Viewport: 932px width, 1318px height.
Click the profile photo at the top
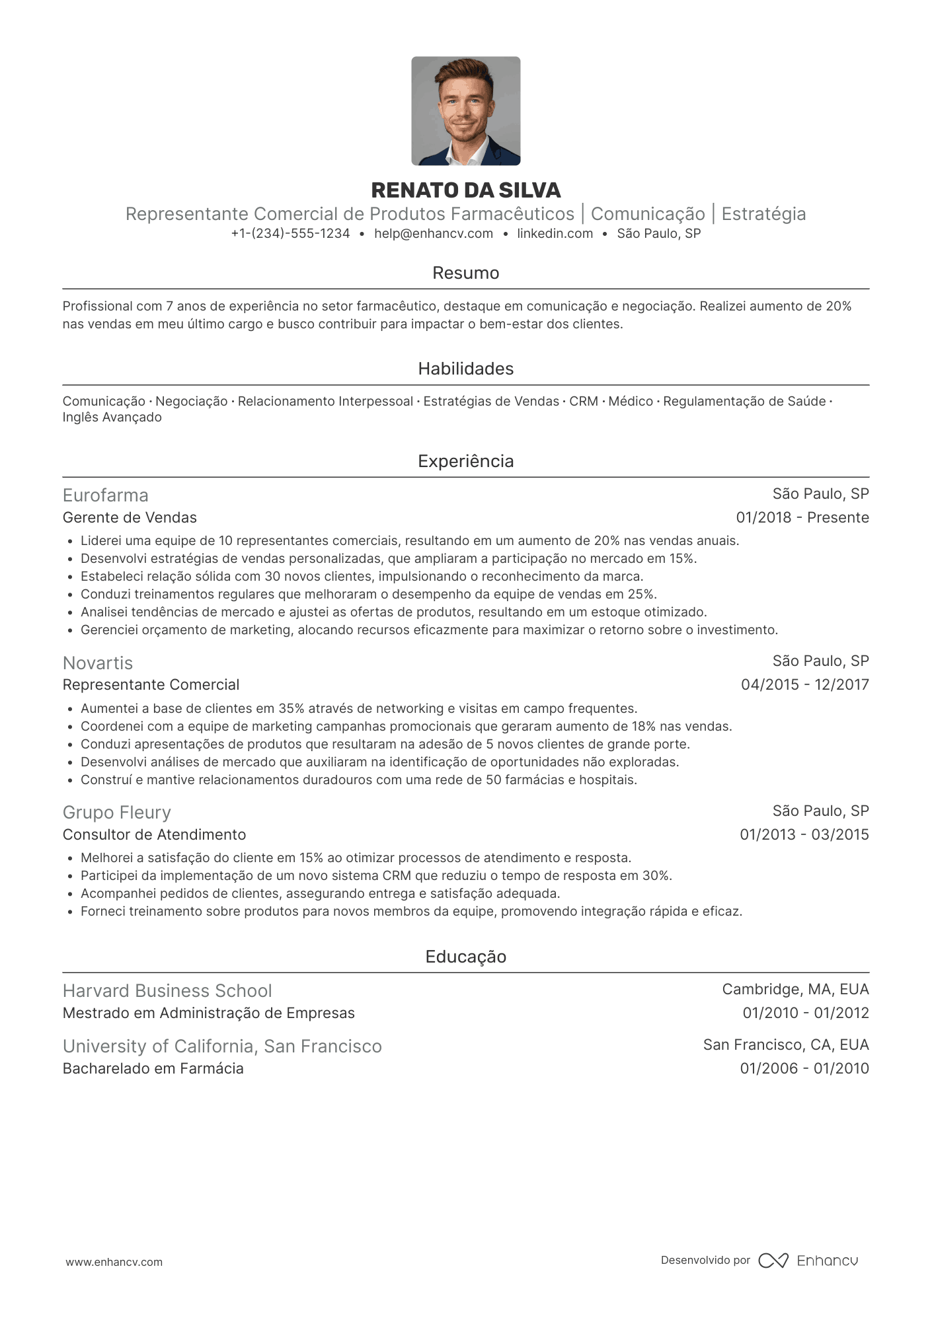click(465, 111)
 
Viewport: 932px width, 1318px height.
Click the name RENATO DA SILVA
click(465, 190)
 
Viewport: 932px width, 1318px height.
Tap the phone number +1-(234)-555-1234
click(290, 233)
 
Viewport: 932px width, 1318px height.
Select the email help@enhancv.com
click(433, 233)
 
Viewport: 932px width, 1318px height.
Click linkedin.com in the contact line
click(555, 233)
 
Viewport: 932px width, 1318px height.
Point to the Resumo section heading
click(465, 273)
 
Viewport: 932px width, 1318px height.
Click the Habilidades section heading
click(465, 369)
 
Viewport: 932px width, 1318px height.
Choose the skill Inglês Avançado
click(112, 418)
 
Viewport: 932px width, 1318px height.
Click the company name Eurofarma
click(106, 495)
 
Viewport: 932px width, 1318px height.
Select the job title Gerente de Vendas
click(130, 517)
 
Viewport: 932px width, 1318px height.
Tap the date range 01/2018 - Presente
click(802, 517)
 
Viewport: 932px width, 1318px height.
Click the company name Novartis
click(98, 663)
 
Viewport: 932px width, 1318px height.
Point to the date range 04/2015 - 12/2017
click(804, 684)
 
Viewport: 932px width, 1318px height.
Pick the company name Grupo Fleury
click(117, 813)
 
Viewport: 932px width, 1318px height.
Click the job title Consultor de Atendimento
click(154, 834)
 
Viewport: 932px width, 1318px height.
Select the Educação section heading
click(465, 957)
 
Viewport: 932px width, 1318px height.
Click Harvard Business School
click(167, 991)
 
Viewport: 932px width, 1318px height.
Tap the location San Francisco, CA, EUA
click(785, 1044)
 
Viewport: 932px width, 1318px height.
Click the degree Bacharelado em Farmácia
click(153, 1068)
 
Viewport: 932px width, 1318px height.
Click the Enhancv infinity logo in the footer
click(773, 1261)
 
